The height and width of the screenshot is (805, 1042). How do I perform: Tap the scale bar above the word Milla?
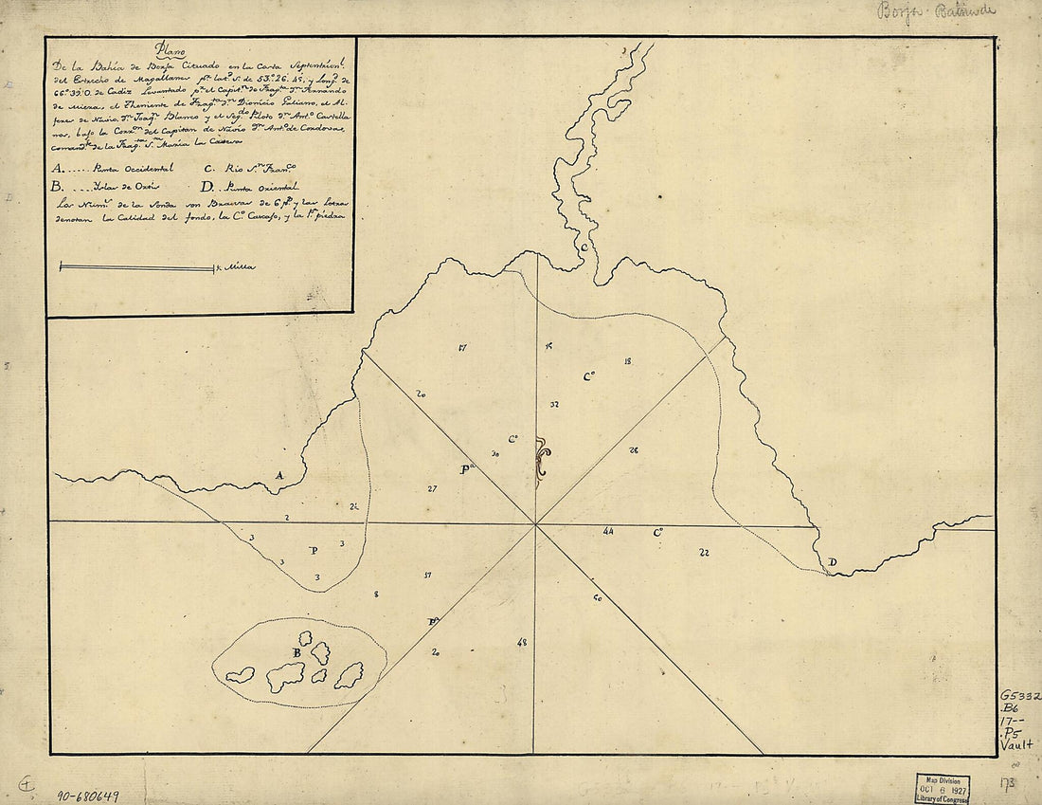coord(136,268)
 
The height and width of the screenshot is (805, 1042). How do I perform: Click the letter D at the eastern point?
coord(832,563)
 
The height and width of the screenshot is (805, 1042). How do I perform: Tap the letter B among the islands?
coord(296,652)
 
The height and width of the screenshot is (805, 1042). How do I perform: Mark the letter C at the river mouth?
coord(584,247)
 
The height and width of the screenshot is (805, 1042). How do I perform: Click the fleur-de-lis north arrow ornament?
coord(541,461)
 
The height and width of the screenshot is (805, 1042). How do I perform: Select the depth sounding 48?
coord(522,644)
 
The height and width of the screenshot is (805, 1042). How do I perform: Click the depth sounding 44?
coord(608,532)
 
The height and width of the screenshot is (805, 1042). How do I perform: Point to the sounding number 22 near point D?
coord(704,552)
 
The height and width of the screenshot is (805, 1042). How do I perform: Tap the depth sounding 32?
coord(554,405)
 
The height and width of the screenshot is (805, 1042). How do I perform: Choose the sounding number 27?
coord(432,489)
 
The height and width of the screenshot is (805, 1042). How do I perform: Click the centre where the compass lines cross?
coord(536,523)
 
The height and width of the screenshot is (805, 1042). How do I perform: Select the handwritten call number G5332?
coord(1019,696)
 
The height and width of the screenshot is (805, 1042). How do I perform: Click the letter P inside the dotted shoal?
coord(314,550)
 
